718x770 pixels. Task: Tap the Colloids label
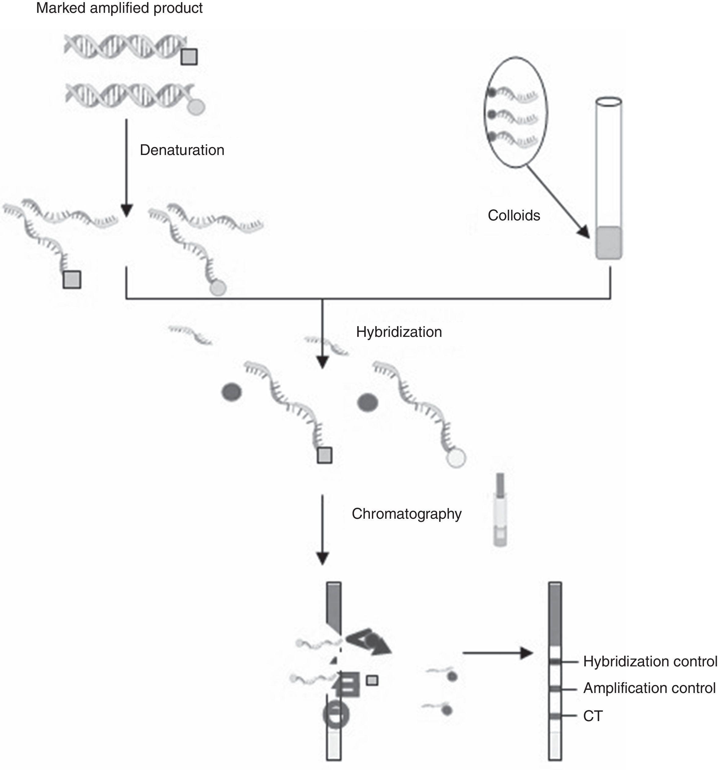[514, 216]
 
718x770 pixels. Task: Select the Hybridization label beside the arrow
[399, 332]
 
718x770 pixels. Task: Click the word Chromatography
[407, 514]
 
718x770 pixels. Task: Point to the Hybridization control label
[650, 661]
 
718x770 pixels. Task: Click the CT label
[592, 716]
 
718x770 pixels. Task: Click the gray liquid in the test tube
[609, 242]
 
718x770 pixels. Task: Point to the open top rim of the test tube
[609, 102]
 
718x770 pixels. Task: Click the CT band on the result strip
[555, 716]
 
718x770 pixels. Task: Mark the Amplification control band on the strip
[555, 689]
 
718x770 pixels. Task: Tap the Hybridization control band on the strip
[555, 662]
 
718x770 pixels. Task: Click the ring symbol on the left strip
[336, 715]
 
